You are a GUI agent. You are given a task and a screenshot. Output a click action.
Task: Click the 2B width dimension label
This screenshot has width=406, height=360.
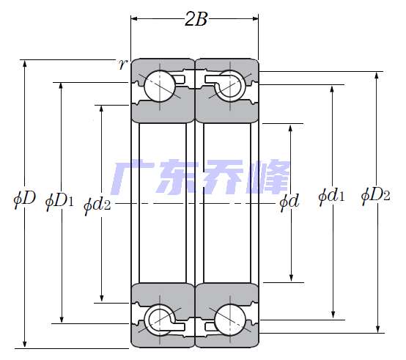(196, 19)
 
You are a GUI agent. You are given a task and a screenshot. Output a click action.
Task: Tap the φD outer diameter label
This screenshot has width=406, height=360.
(24, 199)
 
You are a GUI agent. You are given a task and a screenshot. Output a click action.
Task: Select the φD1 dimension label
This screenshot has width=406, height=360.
(59, 202)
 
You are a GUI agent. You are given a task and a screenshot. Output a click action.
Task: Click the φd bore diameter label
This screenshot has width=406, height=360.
(289, 202)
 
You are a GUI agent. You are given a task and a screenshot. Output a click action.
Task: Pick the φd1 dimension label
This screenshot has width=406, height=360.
(332, 196)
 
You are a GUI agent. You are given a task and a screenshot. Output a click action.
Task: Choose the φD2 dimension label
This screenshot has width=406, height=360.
(375, 196)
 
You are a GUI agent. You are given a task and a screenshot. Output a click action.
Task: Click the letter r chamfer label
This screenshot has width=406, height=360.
(122, 65)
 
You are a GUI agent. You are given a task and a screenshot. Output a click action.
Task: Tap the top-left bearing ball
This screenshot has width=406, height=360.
(160, 86)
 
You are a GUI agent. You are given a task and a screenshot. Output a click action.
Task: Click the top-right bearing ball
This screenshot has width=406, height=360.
(230, 86)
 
